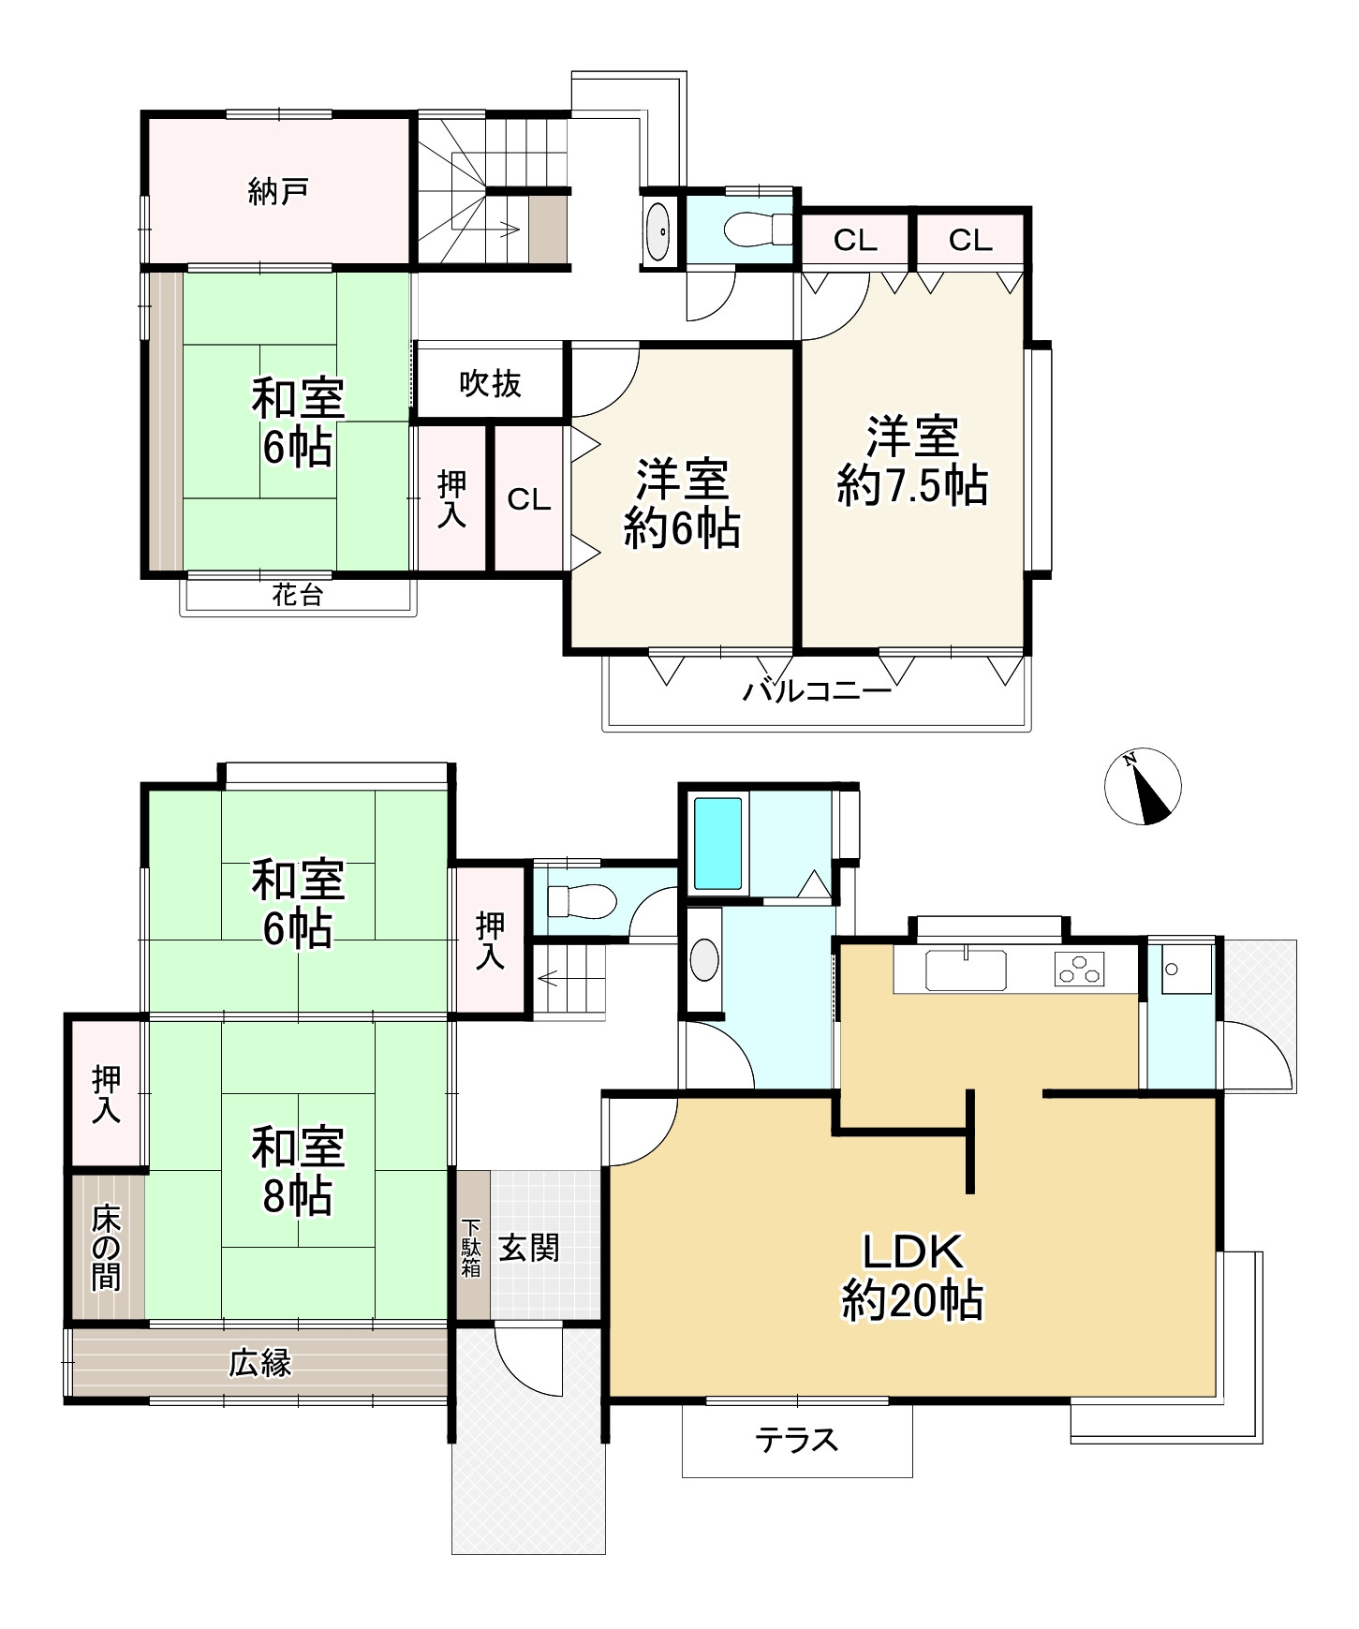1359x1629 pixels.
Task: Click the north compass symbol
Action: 1143,787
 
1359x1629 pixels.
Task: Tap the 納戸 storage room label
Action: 278,192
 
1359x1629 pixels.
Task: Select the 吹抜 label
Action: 490,384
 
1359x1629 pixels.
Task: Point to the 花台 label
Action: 298,595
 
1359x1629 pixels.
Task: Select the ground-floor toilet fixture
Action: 581,901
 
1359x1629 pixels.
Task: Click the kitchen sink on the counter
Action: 966,970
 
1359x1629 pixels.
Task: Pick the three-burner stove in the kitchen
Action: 1080,969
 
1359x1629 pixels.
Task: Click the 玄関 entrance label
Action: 529,1248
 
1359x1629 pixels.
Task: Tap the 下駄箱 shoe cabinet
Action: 471,1247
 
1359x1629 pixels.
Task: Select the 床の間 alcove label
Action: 106,1248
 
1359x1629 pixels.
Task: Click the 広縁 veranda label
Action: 260,1363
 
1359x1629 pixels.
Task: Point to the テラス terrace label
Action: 796,1440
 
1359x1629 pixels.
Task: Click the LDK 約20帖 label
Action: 912,1276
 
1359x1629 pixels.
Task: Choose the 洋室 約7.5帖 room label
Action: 912,462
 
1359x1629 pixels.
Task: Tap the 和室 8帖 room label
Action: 298,1171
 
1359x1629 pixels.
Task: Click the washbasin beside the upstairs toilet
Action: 658,230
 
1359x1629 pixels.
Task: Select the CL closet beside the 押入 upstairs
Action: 529,499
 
